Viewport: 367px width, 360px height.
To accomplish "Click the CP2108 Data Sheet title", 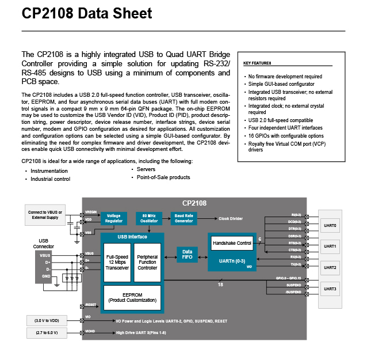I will click(x=87, y=14).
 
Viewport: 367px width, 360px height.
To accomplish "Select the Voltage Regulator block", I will click(x=113, y=218).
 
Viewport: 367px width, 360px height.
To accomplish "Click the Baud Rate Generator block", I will click(x=185, y=218).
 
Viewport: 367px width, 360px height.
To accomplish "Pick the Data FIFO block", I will click(x=187, y=255).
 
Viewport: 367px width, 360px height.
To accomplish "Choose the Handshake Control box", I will click(x=232, y=243).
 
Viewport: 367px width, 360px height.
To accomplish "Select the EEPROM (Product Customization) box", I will click(x=132, y=297).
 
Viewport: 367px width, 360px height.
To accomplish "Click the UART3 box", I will click(x=330, y=289).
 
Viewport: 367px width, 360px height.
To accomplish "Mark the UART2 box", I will click(x=330, y=267).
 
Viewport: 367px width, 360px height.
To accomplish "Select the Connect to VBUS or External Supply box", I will click(x=45, y=215).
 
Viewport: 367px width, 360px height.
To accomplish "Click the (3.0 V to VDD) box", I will click(x=45, y=320).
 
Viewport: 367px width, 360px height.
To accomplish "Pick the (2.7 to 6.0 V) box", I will click(x=45, y=332).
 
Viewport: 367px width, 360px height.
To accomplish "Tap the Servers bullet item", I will click(x=146, y=169).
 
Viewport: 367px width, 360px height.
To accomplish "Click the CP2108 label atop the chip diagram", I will click(x=194, y=203).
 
